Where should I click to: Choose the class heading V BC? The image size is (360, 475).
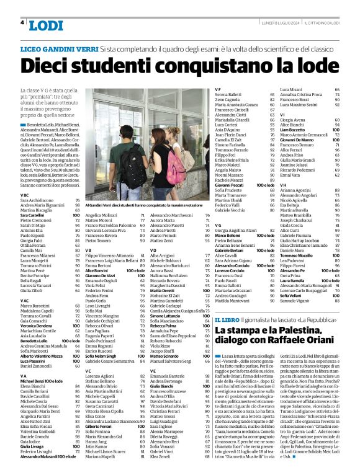(25, 195)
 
